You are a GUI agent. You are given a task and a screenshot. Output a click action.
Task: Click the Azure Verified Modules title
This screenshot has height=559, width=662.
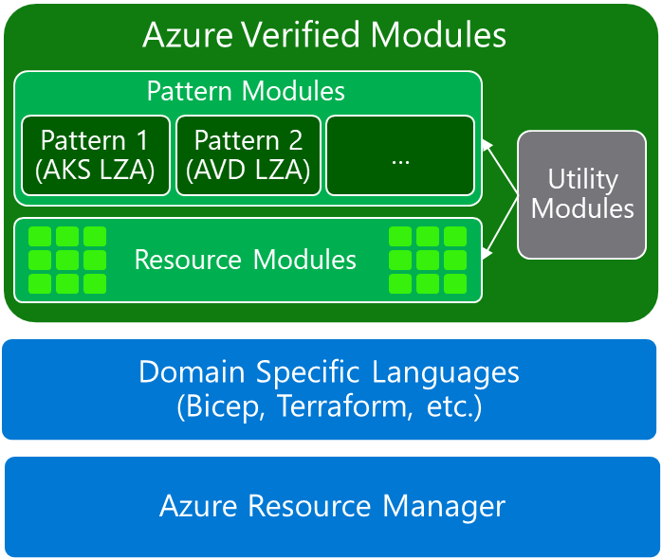pyautogui.click(x=324, y=35)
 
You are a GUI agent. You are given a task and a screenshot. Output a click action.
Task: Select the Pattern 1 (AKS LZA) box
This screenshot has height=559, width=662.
pyautogui.click(x=95, y=155)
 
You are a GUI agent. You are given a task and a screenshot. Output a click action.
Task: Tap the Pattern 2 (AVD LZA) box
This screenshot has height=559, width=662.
pyautogui.click(x=248, y=155)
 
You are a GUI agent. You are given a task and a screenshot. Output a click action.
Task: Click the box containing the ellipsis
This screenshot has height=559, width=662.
pyautogui.click(x=399, y=155)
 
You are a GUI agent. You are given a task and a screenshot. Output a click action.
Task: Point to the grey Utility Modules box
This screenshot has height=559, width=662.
pyautogui.click(x=581, y=194)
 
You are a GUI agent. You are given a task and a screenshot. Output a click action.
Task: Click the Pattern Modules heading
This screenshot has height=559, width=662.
pyautogui.click(x=246, y=92)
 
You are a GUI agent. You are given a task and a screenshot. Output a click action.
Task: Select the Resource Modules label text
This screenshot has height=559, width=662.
pyautogui.click(x=246, y=260)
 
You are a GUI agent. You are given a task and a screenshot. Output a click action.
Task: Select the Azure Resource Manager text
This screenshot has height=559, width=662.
pyautogui.click(x=332, y=506)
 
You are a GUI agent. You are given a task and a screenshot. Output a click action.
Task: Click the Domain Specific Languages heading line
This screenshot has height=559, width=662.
pyautogui.click(x=329, y=371)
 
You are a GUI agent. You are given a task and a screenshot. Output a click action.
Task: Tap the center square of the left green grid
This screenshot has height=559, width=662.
pyautogui.click(x=66, y=260)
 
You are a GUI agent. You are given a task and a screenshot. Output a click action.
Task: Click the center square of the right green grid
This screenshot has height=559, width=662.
pyautogui.click(x=428, y=260)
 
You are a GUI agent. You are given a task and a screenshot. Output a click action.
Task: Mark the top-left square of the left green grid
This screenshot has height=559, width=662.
pyautogui.click(x=39, y=237)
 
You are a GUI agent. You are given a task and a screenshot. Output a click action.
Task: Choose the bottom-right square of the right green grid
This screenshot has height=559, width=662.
pyautogui.click(x=454, y=282)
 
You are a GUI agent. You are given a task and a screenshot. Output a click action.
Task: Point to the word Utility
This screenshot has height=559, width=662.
pyautogui.click(x=582, y=179)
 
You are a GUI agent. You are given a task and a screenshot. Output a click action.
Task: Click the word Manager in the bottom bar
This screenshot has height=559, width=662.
pyautogui.click(x=444, y=506)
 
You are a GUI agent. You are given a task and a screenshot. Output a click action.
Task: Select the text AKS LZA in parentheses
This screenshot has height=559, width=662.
pyautogui.click(x=95, y=171)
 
